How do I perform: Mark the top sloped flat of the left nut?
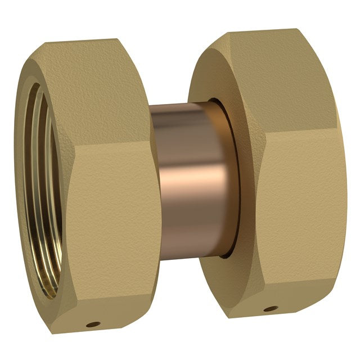click(x=107, y=90)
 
